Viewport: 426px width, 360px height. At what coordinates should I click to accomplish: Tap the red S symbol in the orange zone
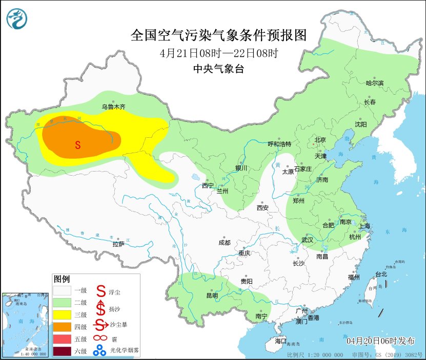tap(78, 145)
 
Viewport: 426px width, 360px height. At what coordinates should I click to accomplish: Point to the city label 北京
tap(320, 139)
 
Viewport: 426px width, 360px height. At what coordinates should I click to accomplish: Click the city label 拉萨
tap(118, 244)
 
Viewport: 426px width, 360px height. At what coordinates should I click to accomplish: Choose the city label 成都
tap(224, 242)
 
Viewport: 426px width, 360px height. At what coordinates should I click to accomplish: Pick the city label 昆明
tap(212, 295)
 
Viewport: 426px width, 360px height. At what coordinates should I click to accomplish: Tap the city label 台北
tap(381, 274)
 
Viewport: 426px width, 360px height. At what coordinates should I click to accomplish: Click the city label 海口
tap(280, 341)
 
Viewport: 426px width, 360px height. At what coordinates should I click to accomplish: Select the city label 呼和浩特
tap(279, 144)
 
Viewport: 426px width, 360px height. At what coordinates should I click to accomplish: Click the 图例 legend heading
tap(62, 279)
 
